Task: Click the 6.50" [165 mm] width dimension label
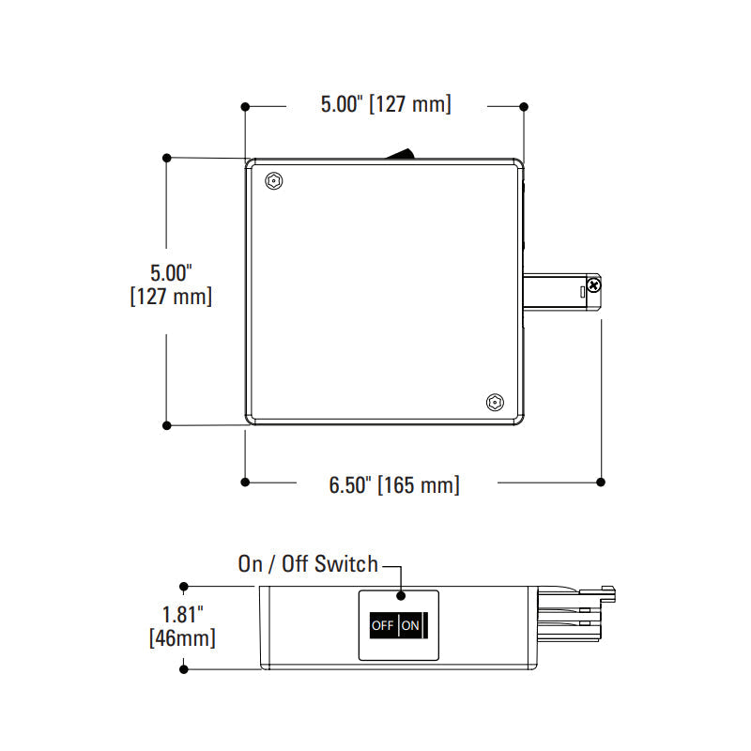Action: click(x=394, y=485)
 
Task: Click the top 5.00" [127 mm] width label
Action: click(x=386, y=104)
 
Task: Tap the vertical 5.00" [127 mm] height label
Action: click(x=170, y=284)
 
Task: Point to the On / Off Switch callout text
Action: click(x=308, y=564)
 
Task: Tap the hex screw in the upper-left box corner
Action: click(x=272, y=180)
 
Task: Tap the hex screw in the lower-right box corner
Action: click(x=494, y=403)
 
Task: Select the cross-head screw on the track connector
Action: click(x=593, y=283)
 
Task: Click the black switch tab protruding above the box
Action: click(x=403, y=153)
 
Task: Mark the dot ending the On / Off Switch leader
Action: click(x=401, y=594)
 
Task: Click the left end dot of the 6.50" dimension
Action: click(x=245, y=482)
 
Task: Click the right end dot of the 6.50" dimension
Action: click(x=601, y=482)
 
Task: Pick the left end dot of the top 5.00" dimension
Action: click(x=245, y=106)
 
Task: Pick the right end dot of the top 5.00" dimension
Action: click(x=524, y=106)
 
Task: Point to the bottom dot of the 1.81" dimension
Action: click(x=184, y=668)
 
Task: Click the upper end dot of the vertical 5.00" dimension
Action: click(x=167, y=157)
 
